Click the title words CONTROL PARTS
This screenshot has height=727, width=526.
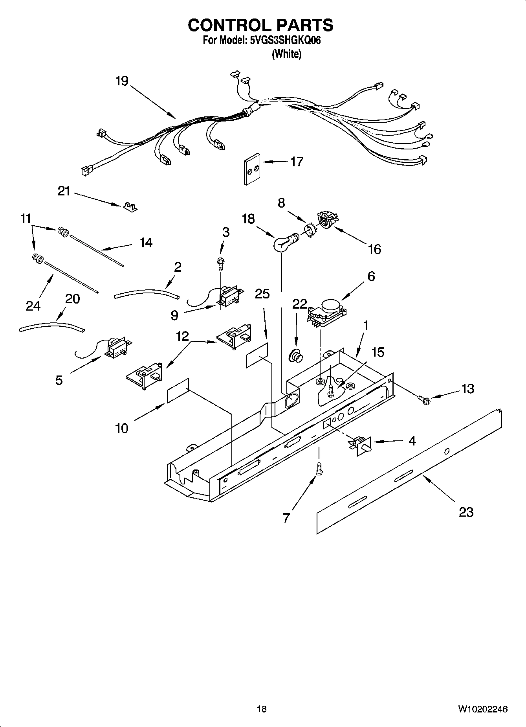[260, 26]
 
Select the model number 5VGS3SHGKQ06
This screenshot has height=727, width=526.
[285, 40]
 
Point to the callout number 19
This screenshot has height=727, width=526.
[122, 81]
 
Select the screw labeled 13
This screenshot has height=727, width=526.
[425, 400]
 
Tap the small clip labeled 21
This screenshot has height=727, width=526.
[130, 207]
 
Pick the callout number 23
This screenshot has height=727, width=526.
[466, 512]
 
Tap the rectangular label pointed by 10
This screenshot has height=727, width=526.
[178, 390]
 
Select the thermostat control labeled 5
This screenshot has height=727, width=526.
[116, 348]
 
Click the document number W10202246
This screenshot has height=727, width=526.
[482, 709]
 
